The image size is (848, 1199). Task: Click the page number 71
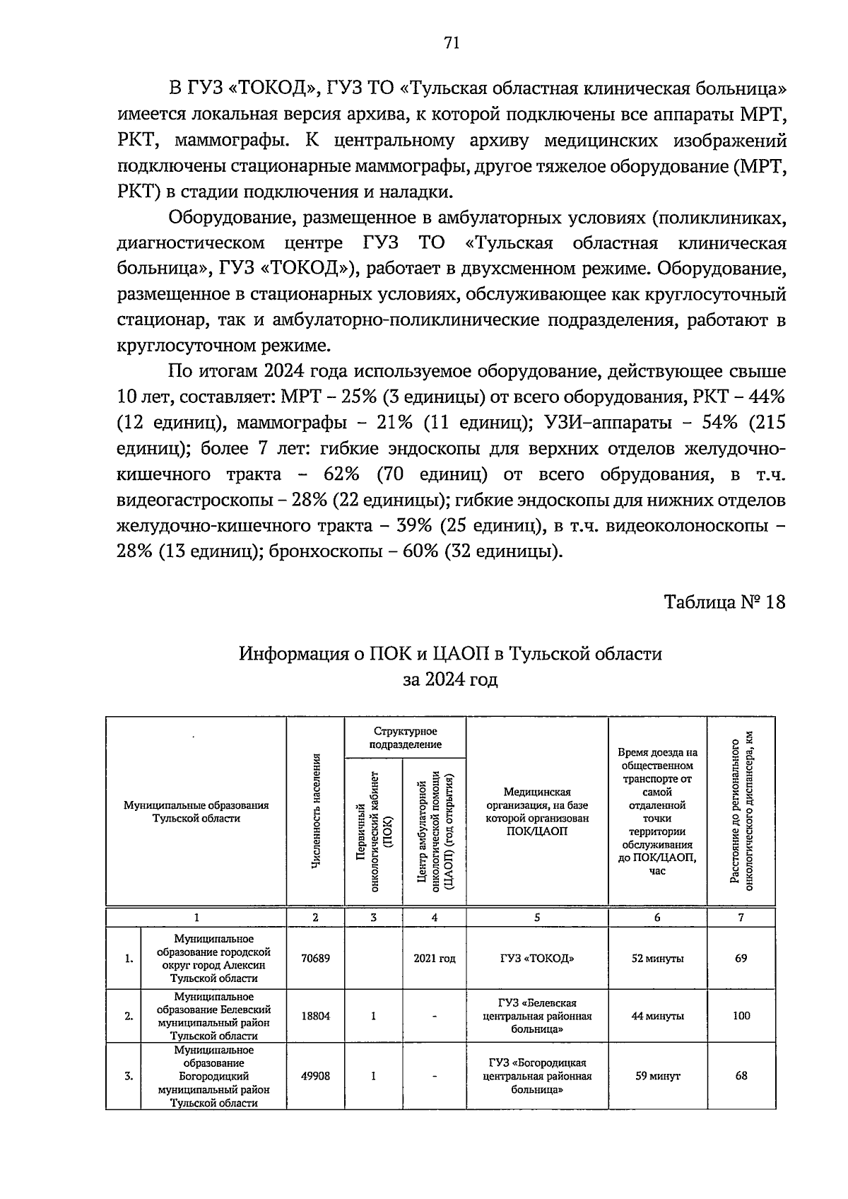(x=451, y=43)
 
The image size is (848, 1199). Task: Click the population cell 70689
(x=315, y=959)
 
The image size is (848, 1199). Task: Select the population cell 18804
(x=315, y=1016)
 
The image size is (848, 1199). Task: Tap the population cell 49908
(x=315, y=1076)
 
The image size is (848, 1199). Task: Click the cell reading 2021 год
(x=434, y=959)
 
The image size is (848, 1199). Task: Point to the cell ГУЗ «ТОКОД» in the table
(x=537, y=959)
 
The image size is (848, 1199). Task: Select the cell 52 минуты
(x=657, y=959)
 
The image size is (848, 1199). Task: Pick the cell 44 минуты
(x=657, y=1016)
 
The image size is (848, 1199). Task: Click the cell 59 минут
(x=657, y=1076)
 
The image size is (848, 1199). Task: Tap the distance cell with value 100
(x=741, y=1016)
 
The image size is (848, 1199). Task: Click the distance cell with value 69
(x=741, y=959)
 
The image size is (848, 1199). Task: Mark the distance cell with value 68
(x=741, y=1076)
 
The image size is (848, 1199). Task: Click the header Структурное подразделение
(x=405, y=738)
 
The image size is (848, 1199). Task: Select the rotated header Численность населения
(x=316, y=811)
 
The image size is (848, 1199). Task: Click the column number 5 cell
(x=537, y=918)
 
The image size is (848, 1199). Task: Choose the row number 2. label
(x=129, y=1017)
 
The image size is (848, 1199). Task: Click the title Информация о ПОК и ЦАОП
(x=450, y=653)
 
